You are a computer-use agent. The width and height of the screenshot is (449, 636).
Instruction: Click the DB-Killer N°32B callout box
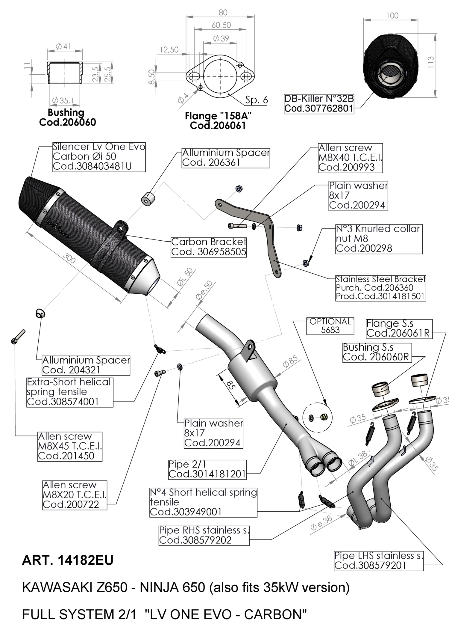click(319, 103)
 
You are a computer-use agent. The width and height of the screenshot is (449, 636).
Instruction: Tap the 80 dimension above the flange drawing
click(223, 13)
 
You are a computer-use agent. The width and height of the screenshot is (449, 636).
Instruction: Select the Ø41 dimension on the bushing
click(63, 46)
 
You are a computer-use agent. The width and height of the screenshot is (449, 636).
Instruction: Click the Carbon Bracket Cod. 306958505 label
click(209, 247)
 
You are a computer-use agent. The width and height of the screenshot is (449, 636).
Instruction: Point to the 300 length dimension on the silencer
click(69, 258)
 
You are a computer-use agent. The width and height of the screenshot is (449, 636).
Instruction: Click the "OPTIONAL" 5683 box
click(330, 326)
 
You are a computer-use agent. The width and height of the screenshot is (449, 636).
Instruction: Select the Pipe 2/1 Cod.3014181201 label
click(207, 469)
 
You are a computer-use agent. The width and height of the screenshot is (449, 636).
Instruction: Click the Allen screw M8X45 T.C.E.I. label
click(70, 446)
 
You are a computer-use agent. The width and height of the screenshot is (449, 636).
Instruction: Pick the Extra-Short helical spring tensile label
click(70, 392)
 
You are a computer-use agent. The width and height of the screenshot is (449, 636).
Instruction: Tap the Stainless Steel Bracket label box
click(380, 288)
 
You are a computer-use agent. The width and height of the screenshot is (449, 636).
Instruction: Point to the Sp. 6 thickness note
click(257, 100)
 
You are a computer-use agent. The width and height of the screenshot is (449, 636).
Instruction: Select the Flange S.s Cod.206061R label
click(399, 328)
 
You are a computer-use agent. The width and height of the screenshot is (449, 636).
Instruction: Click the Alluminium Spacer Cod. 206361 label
click(226, 158)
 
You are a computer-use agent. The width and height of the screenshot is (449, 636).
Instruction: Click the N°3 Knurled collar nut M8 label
click(379, 239)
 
